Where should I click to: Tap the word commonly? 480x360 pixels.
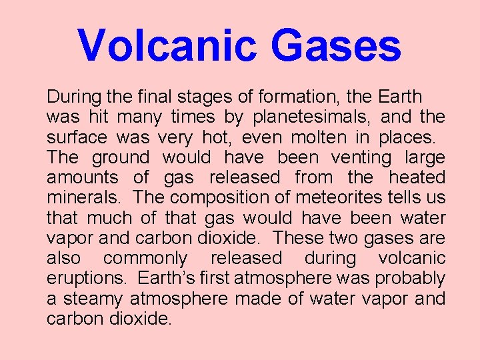coord(145,259)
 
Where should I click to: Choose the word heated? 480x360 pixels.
coord(417,178)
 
